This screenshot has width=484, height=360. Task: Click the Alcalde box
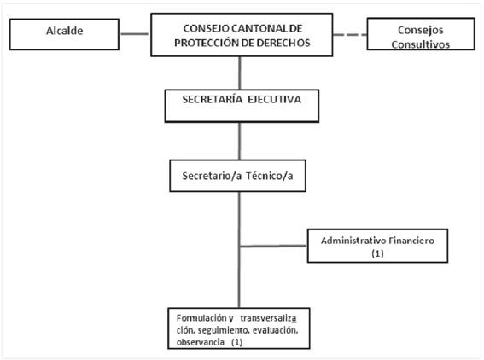tap(64, 34)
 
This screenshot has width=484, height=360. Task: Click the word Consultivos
tap(421, 44)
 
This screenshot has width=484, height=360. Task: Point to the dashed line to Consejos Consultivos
tap(350, 35)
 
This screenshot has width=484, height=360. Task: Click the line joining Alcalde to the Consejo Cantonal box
tap(135, 34)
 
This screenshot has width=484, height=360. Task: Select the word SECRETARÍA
tap(213, 99)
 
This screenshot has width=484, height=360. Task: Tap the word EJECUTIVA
tap(274, 99)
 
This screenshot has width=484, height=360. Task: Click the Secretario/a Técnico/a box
tap(237, 176)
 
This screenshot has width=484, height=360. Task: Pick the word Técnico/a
tap(269, 176)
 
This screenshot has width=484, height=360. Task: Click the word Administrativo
tap(353, 241)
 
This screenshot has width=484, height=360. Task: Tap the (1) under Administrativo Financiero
tap(377, 253)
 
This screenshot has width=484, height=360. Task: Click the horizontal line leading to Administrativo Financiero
tap(273, 247)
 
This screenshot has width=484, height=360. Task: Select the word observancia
tap(201, 342)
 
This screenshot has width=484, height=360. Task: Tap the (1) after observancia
tap(236, 342)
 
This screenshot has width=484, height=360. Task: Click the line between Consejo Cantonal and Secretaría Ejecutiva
tap(240, 73)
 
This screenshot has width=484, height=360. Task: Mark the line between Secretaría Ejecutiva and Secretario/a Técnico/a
tap(240, 141)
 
